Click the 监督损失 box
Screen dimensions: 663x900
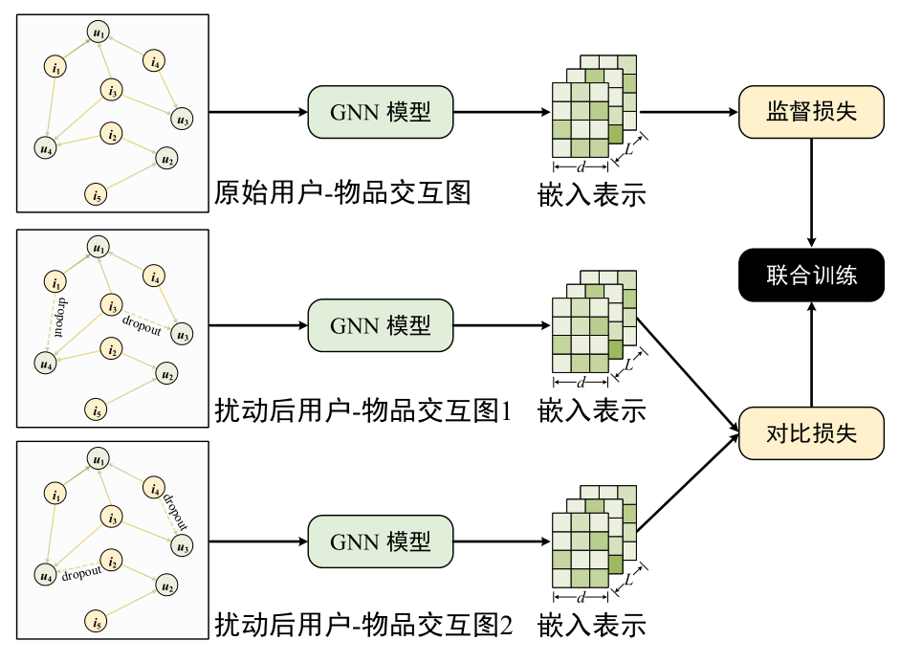pyautogui.click(x=811, y=111)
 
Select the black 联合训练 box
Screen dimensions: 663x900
pyautogui.click(x=811, y=276)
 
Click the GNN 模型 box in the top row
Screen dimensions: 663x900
pyautogui.click(x=380, y=111)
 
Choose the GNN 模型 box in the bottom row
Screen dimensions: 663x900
pyautogui.click(x=380, y=541)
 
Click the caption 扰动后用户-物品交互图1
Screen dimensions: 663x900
pyautogui.click(x=363, y=411)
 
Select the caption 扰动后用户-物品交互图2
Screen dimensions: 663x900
pyautogui.click(x=363, y=627)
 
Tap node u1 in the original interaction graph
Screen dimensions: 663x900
pyautogui.click(x=98, y=33)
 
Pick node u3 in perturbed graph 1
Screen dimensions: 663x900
pyautogui.click(x=182, y=334)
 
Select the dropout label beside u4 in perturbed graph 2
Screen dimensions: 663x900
pyautogui.click(x=81, y=575)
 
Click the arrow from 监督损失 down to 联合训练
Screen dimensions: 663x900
pyautogui.click(x=811, y=191)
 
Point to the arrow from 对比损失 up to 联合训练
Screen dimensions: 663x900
pyautogui.click(x=811, y=354)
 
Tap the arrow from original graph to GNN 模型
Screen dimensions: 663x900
pyautogui.click(x=256, y=111)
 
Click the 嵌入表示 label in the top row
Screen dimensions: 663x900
pyautogui.click(x=591, y=194)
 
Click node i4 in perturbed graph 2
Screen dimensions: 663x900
pyautogui.click(x=153, y=491)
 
